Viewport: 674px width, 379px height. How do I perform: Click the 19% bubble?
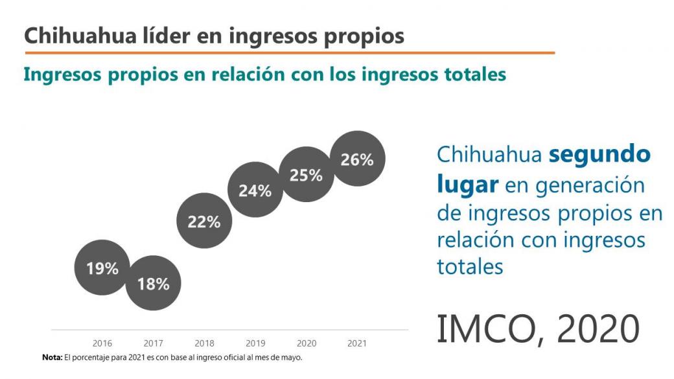point(102,268)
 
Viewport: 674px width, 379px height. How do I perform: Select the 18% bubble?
point(153,283)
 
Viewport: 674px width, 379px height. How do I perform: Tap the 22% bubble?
point(204,222)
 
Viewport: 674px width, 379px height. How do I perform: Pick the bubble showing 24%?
point(255,190)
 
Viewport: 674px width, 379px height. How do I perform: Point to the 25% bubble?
point(306,175)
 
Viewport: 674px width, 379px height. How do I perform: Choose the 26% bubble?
point(357,159)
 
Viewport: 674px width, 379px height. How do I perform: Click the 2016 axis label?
point(102,343)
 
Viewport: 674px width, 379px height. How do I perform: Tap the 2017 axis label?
point(154,343)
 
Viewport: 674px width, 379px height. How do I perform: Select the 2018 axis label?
point(204,343)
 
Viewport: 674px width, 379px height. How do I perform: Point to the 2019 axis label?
point(255,343)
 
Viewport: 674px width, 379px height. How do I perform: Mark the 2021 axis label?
point(357,343)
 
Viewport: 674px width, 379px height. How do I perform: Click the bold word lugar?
point(467,184)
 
